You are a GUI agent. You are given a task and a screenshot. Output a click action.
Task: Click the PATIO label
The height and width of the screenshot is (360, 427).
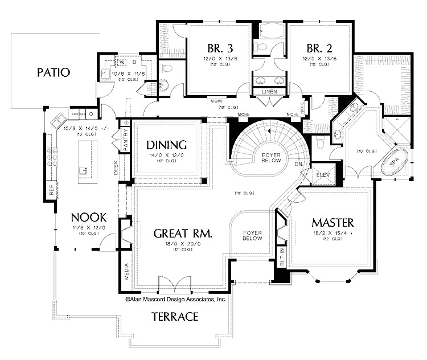tap(53, 72)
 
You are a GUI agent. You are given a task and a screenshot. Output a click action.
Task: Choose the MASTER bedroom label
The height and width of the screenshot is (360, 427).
tap(333, 222)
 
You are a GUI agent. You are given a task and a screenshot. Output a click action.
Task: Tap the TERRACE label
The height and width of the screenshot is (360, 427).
tap(175, 316)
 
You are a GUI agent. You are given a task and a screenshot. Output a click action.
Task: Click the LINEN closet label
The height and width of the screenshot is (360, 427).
tap(269, 91)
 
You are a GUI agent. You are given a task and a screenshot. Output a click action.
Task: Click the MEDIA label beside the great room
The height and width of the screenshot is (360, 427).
tap(126, 272)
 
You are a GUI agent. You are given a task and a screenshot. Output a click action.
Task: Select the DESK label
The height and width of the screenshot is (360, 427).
tap(116, 169)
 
